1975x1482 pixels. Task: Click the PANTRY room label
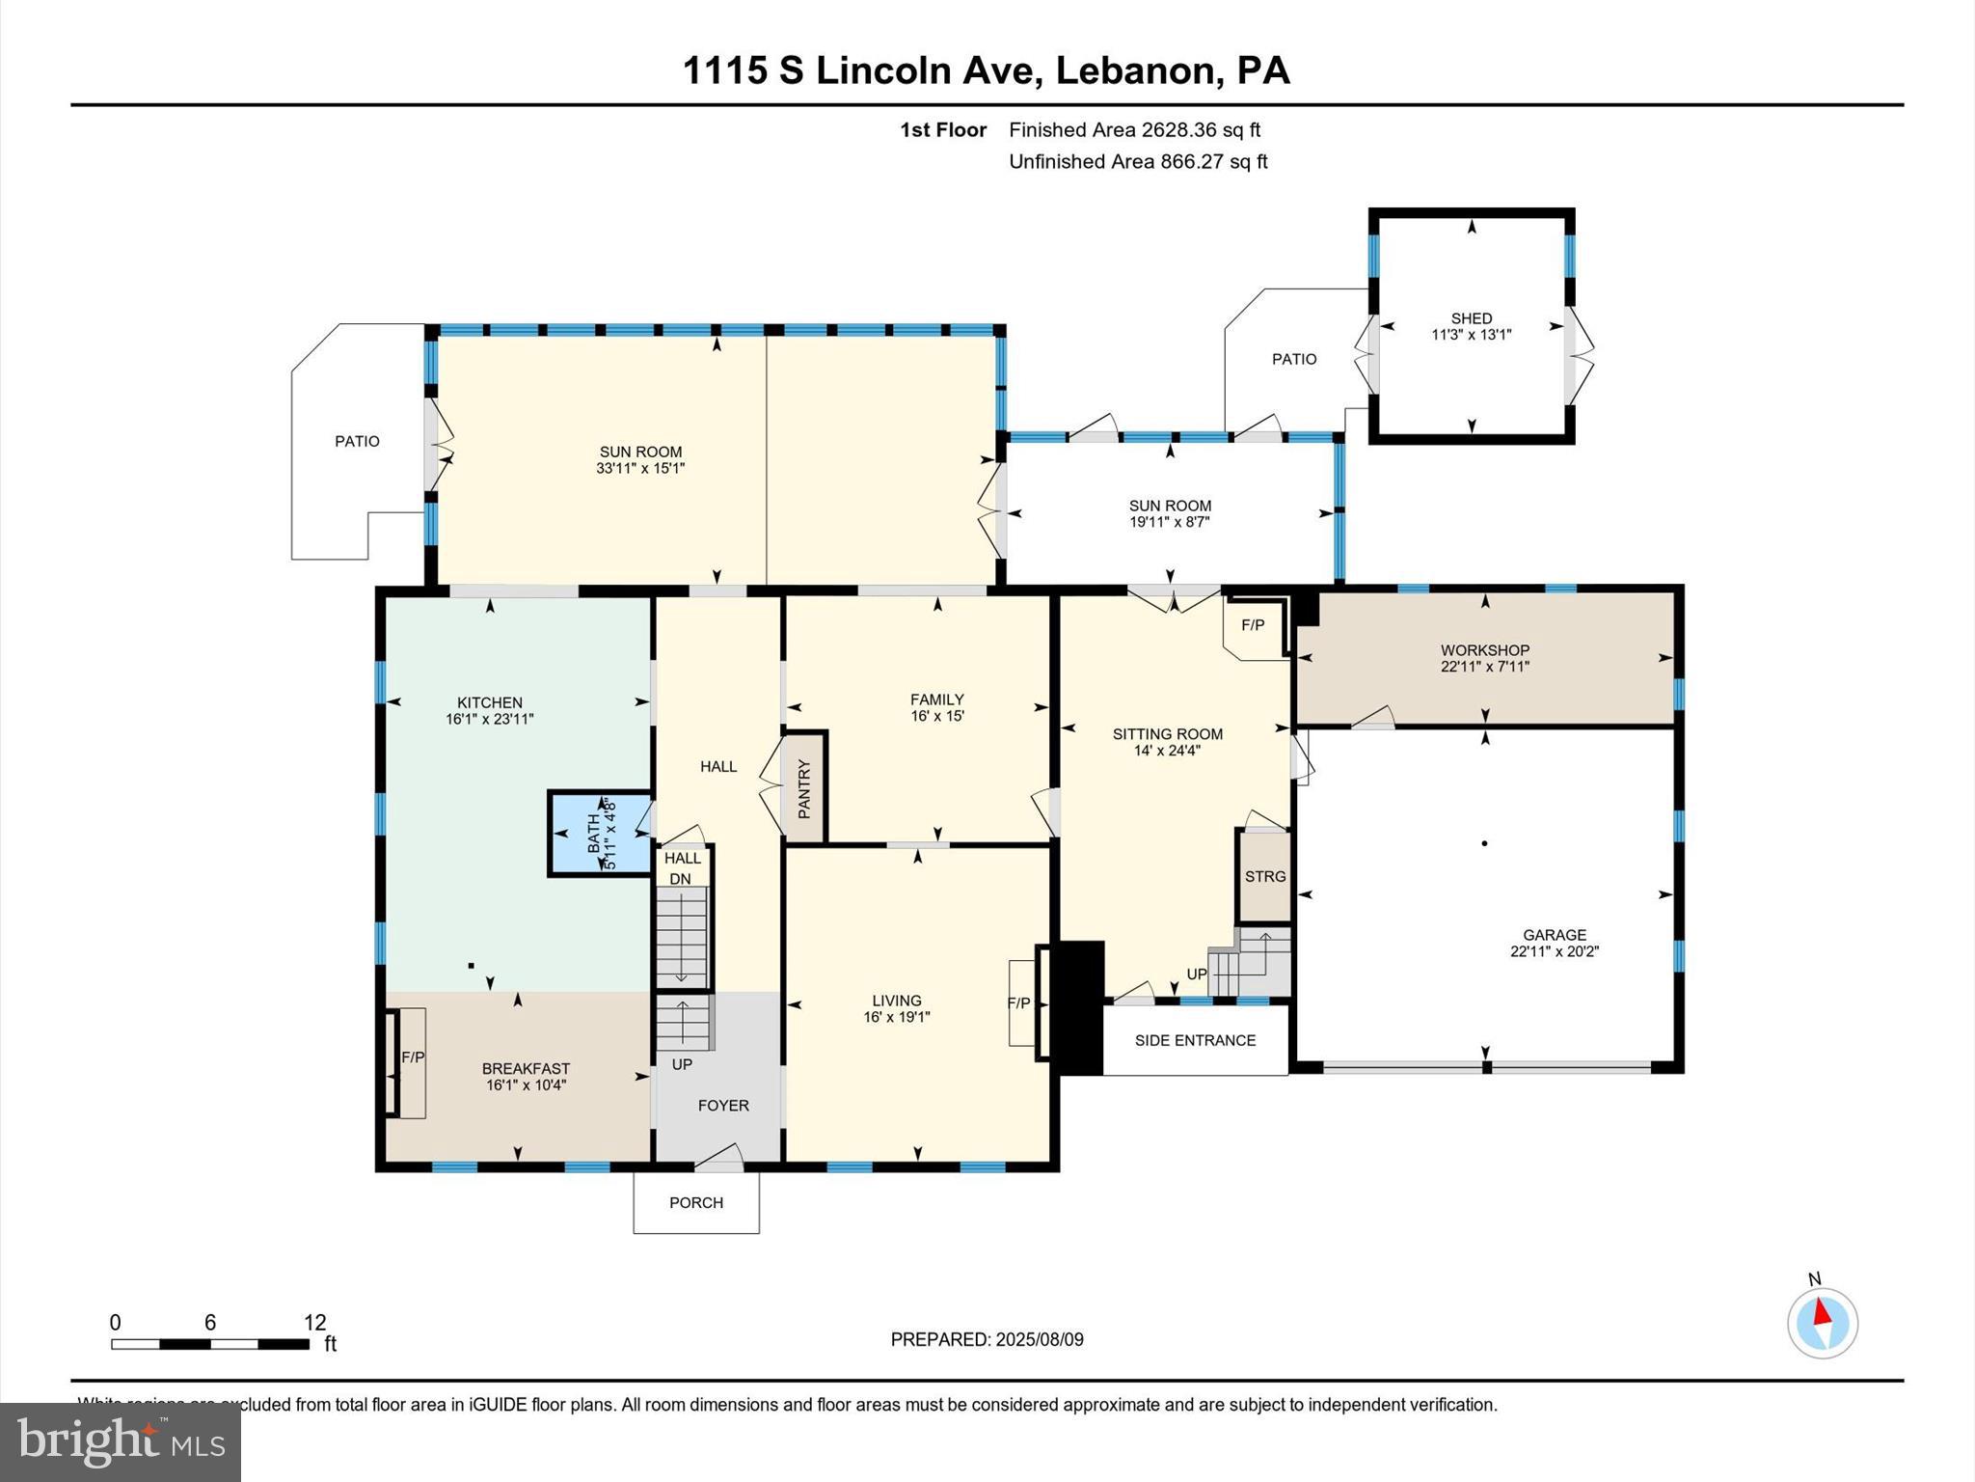pos(804,788)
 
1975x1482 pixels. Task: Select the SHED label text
pos(1471,318)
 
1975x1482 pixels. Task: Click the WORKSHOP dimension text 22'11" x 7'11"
pos(1485,667)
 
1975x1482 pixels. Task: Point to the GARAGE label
pos(1554,934)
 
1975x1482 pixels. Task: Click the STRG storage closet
pos(1264,876)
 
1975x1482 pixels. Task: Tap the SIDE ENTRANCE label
pos(1195,1040)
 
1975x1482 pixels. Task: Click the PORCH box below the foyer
pos(695,1202)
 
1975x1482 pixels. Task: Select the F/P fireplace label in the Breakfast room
pos(413,1057)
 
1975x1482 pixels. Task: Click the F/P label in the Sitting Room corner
pos(1252,625)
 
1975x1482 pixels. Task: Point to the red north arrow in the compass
pos(1822,1312)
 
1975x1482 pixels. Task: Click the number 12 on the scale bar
pos(314,1322)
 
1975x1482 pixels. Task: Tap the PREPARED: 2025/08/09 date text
pos(987,1339)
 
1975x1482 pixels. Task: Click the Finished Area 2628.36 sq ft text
pos(1134,129)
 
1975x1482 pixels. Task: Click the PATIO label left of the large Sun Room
pos(357,441)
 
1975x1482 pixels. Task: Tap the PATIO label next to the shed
pos(1293,359)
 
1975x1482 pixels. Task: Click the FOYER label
pos(723,1106)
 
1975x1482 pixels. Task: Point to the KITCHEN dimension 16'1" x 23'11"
pos(490,719)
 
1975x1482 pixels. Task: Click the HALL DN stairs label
pos(682,867)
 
